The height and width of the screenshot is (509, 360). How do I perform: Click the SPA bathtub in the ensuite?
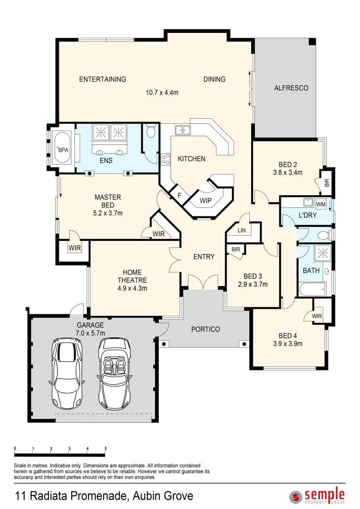click(x=62, y=149)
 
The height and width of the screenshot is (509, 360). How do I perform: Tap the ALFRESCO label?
click(x=291, y=88)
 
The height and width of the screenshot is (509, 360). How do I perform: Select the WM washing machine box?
click(x=321, y=204)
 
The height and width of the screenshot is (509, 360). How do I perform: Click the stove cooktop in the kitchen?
click(x=165, y=159)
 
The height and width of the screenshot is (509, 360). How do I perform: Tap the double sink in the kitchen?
click(x=183, y=130)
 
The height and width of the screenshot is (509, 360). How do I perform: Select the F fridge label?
click(x=179, y=196)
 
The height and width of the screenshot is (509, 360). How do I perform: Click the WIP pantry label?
click(x=205, y=201)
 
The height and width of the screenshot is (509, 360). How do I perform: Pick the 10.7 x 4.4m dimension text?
click(x=162, y=92)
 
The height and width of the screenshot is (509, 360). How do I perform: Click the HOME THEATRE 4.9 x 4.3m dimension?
click(x=132, y=288)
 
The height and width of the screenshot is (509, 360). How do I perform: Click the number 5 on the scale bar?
click(x=106, y=449)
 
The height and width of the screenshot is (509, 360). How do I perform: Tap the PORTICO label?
click(x=205, y=329)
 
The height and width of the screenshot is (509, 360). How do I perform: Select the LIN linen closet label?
click(x=242, y=230)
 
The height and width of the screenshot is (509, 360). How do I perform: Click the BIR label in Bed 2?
click(x=327, y=183)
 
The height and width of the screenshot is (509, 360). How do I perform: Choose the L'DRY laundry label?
click(x=307, y=215)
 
